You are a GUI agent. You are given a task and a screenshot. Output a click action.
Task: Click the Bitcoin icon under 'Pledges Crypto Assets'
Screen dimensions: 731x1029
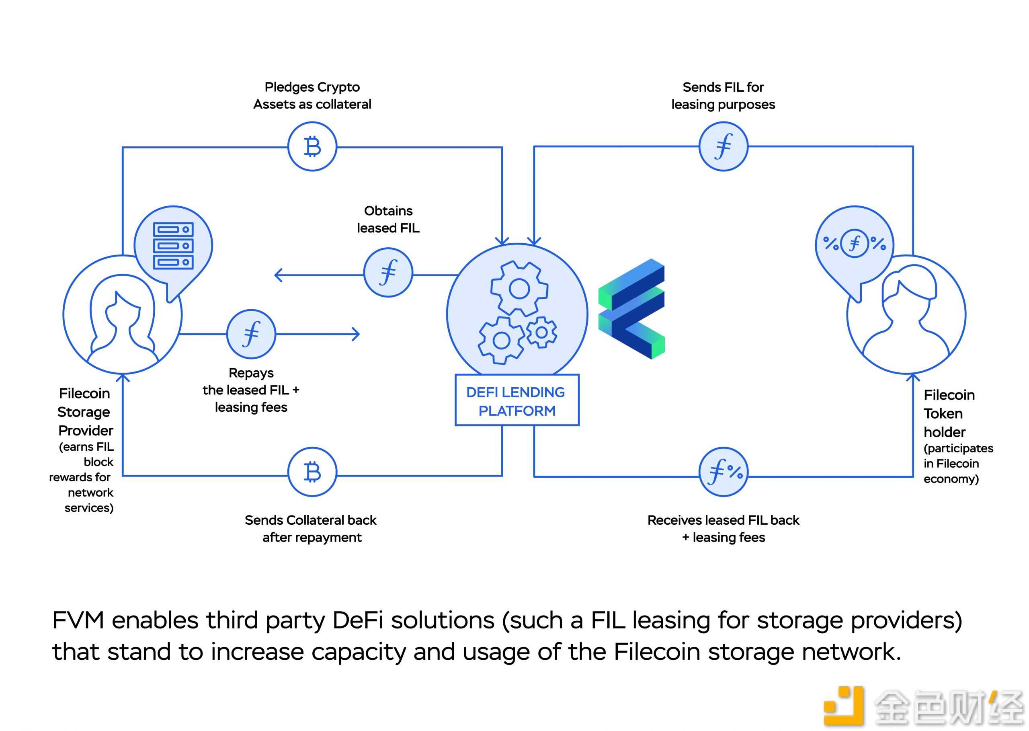(x=312, y=146)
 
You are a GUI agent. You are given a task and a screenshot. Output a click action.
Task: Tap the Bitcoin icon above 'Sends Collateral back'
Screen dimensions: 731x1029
(x=312, y=472)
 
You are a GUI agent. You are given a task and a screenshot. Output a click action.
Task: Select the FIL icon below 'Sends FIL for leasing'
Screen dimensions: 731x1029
(x=723, y=146)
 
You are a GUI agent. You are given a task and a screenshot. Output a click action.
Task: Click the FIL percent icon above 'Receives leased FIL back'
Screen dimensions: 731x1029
(x=723, y=472)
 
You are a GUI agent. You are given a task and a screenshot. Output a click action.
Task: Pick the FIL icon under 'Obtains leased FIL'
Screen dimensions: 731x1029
(x=388, y=272)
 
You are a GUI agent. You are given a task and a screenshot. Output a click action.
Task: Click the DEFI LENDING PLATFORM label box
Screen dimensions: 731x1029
(x=517, y=400)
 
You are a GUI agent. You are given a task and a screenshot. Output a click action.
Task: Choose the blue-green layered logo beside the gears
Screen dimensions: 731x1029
(x=632, y=309)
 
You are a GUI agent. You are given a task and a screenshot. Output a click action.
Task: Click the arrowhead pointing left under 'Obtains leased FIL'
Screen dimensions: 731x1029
(x=278, y=275)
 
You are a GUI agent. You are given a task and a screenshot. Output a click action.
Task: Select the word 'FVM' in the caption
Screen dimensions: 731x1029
(x=78, y=620)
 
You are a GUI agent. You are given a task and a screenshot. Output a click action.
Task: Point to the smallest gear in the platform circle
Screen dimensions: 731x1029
(x=541, y=333)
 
